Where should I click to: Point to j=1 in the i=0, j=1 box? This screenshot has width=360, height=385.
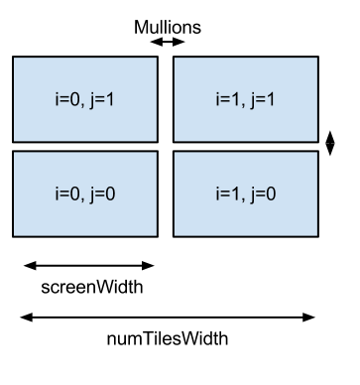click(x=104, y=100)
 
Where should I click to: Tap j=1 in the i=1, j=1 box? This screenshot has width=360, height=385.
click(x=265, y=100)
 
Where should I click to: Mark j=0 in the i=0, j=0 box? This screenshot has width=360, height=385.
click(x=104, y=194)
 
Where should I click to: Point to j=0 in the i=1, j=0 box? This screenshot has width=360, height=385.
click(x=265, y=194)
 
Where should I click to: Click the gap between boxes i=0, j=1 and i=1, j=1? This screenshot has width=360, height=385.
click(x=166, y=99)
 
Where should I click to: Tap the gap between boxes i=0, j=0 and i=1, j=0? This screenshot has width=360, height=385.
click(x=166, y=193)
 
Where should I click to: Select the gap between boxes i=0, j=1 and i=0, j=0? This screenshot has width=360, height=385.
click(x=85, y=147)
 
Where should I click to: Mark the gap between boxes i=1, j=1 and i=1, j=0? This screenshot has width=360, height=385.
click(x=246, y=147)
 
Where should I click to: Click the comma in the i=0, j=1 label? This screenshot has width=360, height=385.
click(x=85, y=104)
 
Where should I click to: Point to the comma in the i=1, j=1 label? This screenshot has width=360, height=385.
click(x=246, y=104)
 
